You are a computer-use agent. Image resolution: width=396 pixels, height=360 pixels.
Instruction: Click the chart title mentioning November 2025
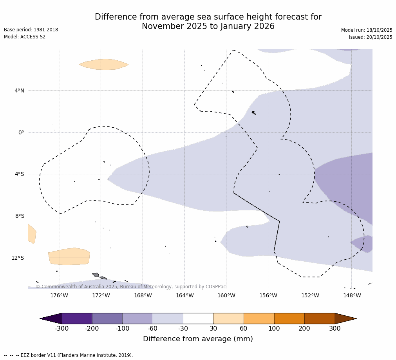(208, 22)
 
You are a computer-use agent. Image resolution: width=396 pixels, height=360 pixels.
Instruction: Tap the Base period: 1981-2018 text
(31, 30)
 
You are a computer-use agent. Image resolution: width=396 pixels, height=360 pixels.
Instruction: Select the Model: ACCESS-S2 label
(25, 37)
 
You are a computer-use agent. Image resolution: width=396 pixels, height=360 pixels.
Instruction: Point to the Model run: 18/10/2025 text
(366, 30)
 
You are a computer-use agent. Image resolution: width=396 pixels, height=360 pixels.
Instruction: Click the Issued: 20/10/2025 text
(370, 37)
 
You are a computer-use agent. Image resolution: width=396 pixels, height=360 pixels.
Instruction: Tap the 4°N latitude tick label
(19, 90)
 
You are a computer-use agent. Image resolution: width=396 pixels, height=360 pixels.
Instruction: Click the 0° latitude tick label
(21, 132)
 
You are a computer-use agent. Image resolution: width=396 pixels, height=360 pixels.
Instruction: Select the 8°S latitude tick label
(19, 216)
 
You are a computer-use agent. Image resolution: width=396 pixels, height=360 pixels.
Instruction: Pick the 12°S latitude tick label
(18, 258)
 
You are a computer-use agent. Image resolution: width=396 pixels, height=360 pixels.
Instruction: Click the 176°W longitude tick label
(59, 295)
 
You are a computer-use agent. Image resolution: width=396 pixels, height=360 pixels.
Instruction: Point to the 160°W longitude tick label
(226, 295)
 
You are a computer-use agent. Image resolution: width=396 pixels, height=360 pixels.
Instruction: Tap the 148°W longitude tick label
(352, 295)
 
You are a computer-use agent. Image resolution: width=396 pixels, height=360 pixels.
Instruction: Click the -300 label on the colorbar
(61, 328)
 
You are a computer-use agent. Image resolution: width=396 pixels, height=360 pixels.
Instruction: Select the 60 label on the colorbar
(244, 328)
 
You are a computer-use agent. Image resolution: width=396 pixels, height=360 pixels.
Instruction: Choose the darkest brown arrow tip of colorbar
(346, 318)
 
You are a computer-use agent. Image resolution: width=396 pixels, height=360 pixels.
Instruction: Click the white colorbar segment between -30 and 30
(198, 318)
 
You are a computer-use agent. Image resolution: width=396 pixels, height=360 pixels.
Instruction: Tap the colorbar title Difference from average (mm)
(198, 339)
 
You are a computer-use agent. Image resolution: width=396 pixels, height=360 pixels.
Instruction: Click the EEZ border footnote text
(69, 355)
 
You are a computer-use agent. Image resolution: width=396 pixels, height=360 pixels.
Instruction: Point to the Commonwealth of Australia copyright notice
(131, 287)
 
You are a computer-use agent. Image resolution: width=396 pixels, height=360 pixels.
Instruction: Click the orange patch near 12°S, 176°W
(69, 257)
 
